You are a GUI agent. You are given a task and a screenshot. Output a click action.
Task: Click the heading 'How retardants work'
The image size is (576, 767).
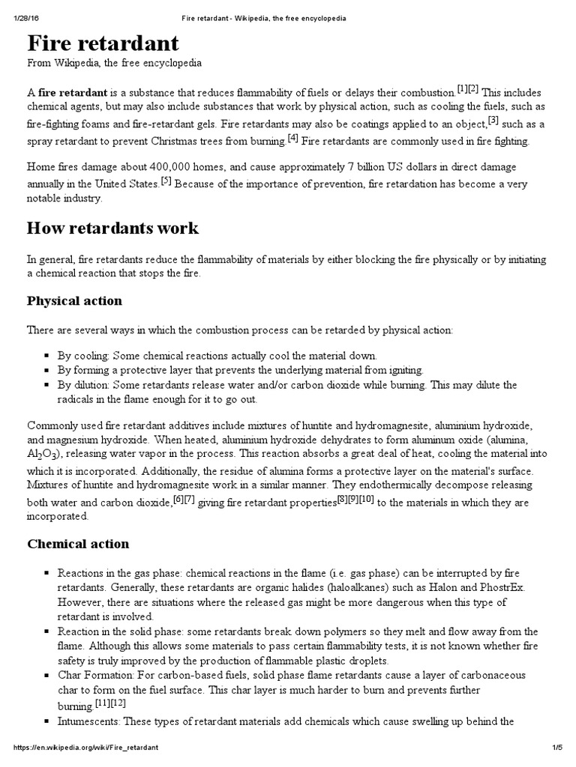pyautogui.click(x=112, y=227)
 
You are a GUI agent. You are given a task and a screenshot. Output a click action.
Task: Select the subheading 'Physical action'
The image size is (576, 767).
pyautogui.click(x=74, y=301)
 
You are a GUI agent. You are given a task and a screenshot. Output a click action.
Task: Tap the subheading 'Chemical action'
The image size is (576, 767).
pyautogui.click(x=78, y=544)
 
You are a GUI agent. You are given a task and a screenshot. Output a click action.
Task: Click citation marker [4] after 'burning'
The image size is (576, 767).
pyautogui.click(x=292, y=138)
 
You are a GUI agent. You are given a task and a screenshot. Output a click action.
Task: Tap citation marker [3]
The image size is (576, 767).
pyautogui.click(x=493, y=120)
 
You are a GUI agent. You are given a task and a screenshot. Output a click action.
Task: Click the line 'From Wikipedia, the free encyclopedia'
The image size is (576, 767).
pyautogui.click(x=114, y=64)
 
